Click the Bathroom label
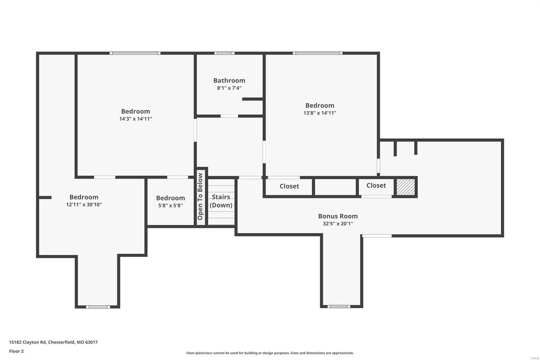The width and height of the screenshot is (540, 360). [x=229, y=80]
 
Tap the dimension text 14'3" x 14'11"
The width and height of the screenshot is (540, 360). [x=135, y=119]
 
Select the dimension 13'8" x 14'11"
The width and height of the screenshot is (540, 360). [x=320, y=113]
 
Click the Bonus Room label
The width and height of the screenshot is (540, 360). [x=338, y=216]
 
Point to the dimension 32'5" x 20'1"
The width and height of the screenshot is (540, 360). [x=338, y=224]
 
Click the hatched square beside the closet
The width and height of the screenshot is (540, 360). [x=405, y=187]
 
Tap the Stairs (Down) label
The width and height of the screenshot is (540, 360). [x=221, y=201]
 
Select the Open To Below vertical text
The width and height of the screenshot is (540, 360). [x=200, y=197]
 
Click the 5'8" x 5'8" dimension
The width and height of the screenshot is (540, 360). [x=170, y=205]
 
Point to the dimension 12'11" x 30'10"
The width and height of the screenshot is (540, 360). [x=84, y=205]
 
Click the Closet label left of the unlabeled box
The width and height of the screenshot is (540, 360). [x=289, y=186]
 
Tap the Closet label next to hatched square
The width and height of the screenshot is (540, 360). [x=376, y=185]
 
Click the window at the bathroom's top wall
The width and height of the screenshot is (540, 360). [x=224, y=53]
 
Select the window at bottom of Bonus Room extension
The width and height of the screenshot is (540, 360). [x=339, y=306]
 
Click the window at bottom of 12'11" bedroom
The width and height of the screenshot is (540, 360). [x=98, y=307]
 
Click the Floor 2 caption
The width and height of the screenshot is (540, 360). [x=16, y=351]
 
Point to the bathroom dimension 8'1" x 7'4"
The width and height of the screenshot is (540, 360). [x=229, y=88]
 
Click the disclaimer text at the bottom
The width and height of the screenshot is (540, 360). [x=270, y=353]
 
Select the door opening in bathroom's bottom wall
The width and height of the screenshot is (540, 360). [x=229, y=116]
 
